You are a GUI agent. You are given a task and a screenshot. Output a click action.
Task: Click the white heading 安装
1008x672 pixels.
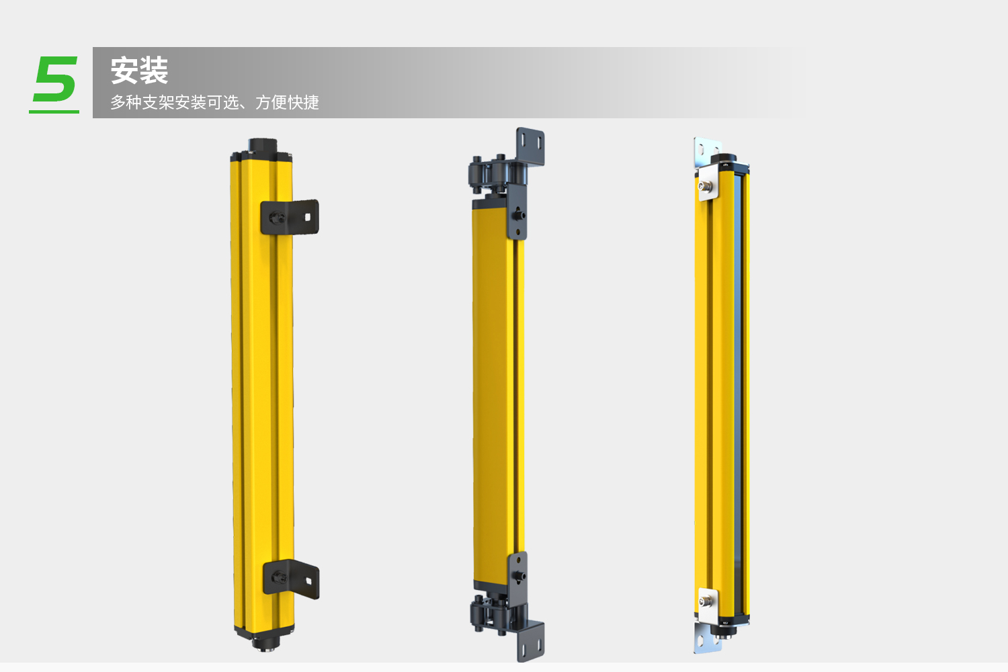point(139,71)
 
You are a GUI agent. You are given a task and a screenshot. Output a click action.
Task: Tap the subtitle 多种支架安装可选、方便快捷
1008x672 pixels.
point(214,103)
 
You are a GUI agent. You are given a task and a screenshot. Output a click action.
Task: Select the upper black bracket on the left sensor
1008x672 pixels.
point(290,218)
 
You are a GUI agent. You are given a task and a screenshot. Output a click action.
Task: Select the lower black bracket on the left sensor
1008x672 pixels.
point(291,579)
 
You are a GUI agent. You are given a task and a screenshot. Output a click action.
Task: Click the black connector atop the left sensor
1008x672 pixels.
point(262,145)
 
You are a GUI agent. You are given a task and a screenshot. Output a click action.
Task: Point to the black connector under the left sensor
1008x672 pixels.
point(265,642)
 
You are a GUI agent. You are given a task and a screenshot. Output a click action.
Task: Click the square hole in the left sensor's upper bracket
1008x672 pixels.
point(308,218)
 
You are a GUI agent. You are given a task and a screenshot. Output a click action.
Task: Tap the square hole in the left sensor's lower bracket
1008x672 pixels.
point(308,581)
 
